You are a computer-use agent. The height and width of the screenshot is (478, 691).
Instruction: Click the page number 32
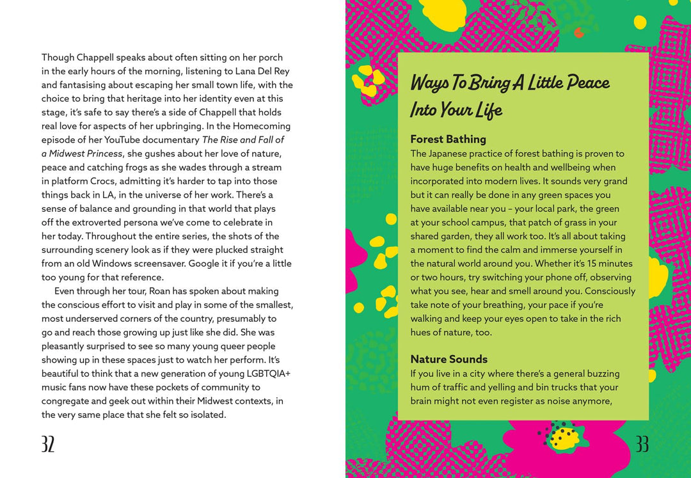point(48,444)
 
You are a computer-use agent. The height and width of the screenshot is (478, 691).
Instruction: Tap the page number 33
point(642,444)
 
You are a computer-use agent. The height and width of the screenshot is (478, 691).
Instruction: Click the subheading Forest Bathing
point(448,139)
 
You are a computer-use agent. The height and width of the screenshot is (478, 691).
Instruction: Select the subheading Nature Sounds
point(449,359)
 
